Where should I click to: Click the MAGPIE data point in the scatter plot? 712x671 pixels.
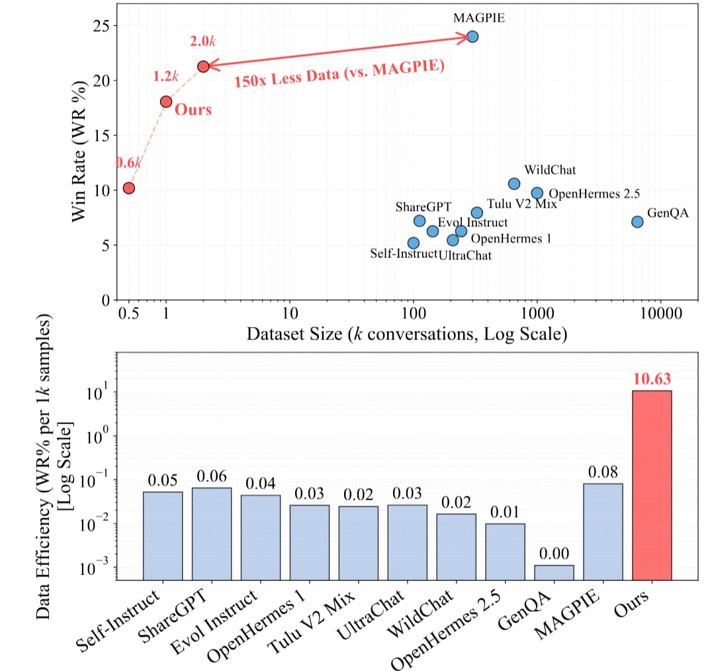(472, 36)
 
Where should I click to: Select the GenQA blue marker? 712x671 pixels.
(637, 222)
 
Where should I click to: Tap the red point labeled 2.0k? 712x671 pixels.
(204, 66)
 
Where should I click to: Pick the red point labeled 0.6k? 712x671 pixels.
(129, 188)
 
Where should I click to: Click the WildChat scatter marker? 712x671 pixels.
(514, 183)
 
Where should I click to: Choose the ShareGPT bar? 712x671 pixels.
(212, 533)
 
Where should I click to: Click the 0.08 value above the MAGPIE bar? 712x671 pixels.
(603, 472)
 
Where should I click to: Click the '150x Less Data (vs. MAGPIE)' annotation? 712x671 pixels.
(337, 77)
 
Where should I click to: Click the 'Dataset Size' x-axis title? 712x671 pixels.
(406, 334)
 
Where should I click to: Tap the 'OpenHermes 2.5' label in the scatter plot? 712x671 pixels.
(586, 194)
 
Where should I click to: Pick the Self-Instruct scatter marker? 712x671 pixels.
(414, 243)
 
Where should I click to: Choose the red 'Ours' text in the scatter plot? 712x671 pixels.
(193, 109)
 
